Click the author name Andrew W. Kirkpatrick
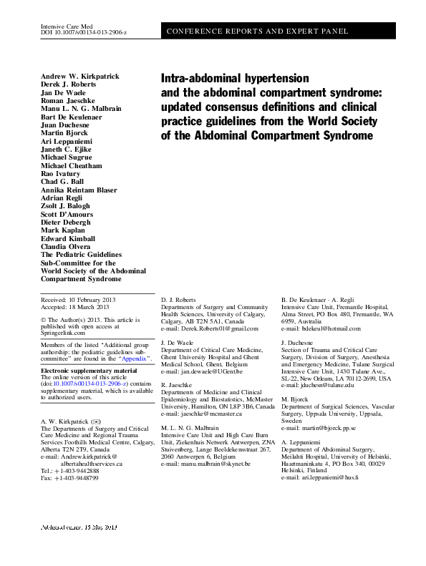[x=80, y=76]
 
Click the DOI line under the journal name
[x=86, y=34]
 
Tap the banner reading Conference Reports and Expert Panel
[x=257, y=31]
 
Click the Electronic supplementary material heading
[x=89, y=371]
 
